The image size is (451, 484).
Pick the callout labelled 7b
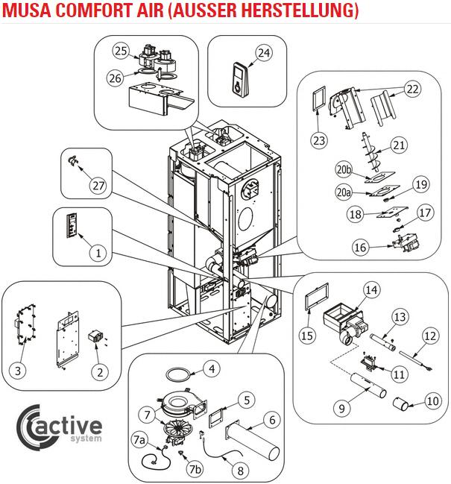coord(195,470)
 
